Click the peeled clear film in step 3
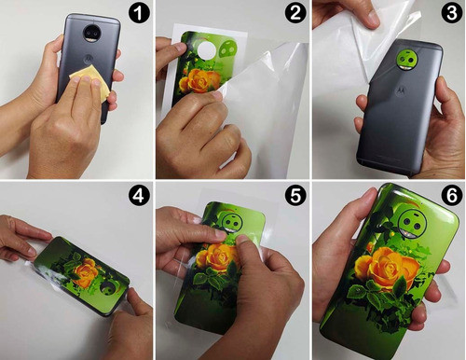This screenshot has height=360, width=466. pyautogui.click(x=354, y=37)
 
